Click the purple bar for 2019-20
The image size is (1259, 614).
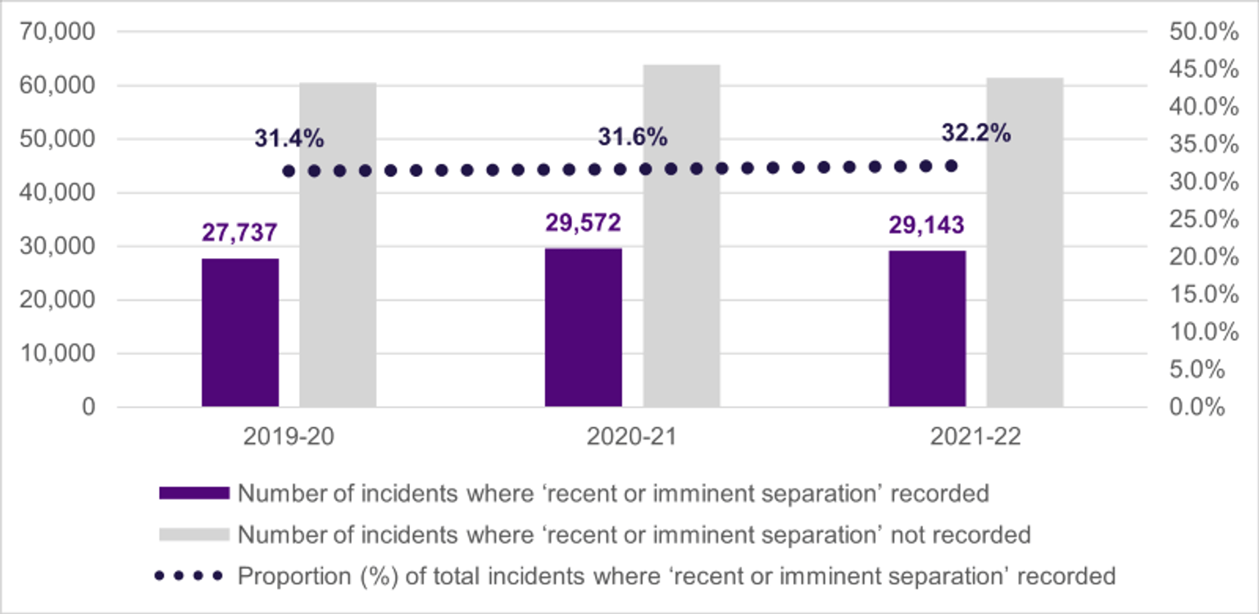[240, 332]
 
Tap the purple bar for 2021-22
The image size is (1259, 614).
[927, 328]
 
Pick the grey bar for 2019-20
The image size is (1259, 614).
[338, 244]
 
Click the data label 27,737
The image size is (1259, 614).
[240, 232]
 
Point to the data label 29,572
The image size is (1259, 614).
[584, 221]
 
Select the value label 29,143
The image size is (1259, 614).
[927, 224]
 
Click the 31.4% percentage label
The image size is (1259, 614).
[289, 139]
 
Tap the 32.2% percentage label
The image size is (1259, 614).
[975, 132]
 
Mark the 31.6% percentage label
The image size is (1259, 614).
[632, 137]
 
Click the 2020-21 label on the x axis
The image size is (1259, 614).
[632, 437]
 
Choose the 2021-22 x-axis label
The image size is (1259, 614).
[975, 437]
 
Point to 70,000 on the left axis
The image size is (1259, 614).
[57, 32]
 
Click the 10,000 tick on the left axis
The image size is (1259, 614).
[57, 353]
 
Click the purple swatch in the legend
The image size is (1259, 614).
[193, 493]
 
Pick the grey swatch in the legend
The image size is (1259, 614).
[193, 534]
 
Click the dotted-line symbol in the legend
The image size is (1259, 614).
[189, 575]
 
